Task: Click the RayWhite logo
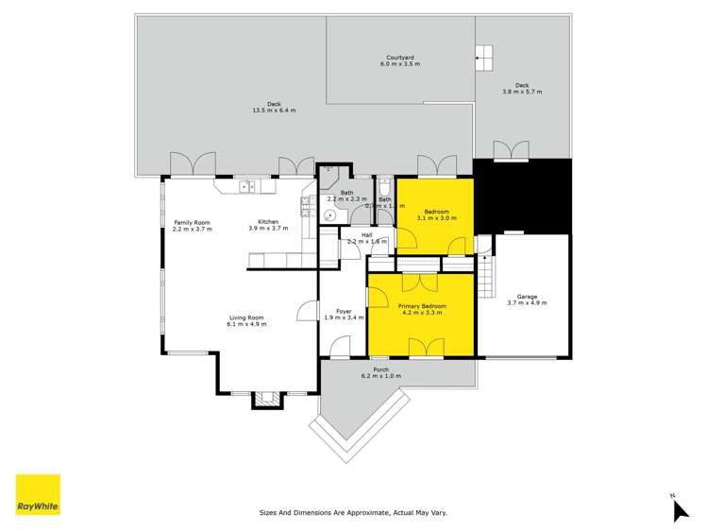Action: click(38, 494)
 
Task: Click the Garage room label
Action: click(527, 299)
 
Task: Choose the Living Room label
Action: click(245, 321)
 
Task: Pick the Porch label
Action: click(381, 372)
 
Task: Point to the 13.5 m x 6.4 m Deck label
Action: click(274, 108)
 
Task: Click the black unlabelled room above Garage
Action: click(522, 195)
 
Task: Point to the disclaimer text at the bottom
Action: click(353, 512)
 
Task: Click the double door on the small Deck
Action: click(512, 150)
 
